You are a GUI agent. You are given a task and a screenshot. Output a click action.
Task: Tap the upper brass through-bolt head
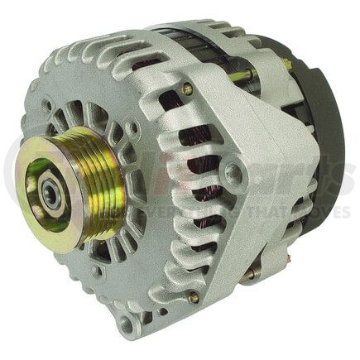(x=189, y=89)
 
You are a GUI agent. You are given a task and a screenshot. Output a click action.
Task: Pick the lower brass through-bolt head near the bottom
(x=194, y=296)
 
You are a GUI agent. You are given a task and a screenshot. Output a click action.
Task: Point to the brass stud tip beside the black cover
(x=288, y=63)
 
